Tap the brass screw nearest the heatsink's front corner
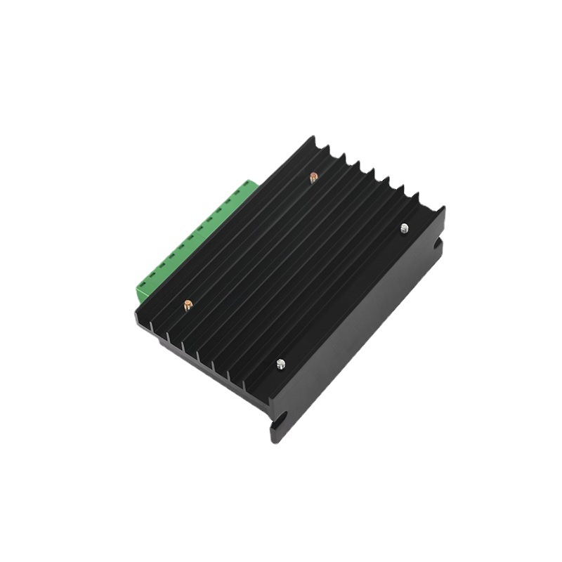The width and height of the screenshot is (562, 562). point(188,305)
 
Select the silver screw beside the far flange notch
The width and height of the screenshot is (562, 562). point(404,228)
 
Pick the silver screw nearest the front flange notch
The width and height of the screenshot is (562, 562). point(280,363)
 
